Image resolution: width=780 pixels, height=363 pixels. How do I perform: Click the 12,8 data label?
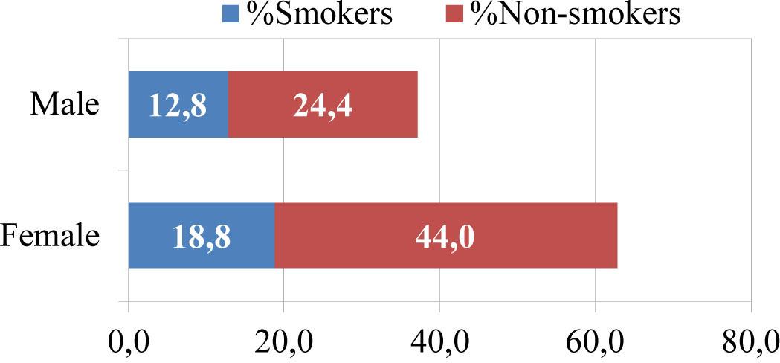pyautogui.click(x=178, y=106)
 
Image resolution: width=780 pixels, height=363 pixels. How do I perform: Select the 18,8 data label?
pyautogui.click(x=201, y=236)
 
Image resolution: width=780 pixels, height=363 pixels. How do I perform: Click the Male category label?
pyautogui.click(x=64, y=105)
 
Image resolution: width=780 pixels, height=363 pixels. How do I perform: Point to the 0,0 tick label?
pyautogui.click(x=129, y=343)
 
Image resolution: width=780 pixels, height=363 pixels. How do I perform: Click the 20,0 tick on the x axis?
pyautogui.click(x=284, y=343)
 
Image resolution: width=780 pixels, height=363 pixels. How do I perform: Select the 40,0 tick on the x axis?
pyautogui.click(x=439, y=343)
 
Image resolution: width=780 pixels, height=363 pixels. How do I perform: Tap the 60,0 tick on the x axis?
pyautogui.click(x=595, y=343)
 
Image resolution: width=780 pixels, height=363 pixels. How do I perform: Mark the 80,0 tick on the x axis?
pyautogui.click(x=749, y=343)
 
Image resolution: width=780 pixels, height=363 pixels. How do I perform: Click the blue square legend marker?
pyautogui.click(x=228, y=13)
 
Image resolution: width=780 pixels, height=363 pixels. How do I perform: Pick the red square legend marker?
pyautogui.click(x=456, y=13)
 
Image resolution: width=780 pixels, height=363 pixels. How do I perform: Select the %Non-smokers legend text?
pyautogui.click(x=573, y=13)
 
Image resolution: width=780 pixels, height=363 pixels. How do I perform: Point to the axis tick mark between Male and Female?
pyautogui.click(x=124, y=170)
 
